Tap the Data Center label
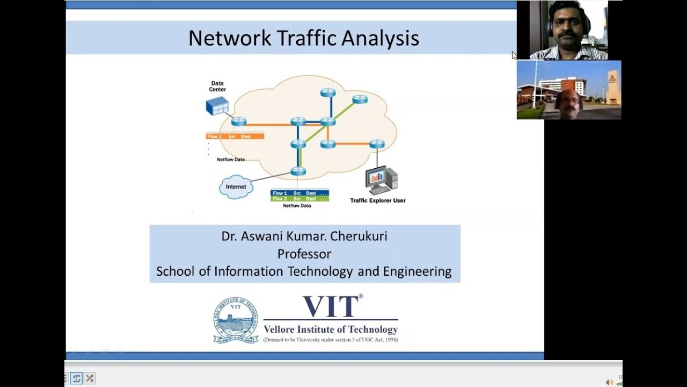(x=217, y=87)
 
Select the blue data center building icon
(x=217, y=106)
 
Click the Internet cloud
(x=236, y=187)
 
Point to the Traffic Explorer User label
(x=378, y=200)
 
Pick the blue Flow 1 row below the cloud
(x=299, y=193)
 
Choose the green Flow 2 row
(x=299, y=199)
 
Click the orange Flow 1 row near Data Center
(x=235, y=137)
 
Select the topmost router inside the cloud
(x=328, y=92)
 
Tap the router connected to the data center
(x=239, y=121)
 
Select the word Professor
(x=304, y=254)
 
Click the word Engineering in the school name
(x=417, y=271)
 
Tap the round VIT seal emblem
(x=236, y=320)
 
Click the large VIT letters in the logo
(x=331, y=307)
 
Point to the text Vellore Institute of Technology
(x=331, y=329)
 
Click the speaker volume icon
(x=609, y=382)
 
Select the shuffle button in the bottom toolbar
(x=90, y=378)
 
